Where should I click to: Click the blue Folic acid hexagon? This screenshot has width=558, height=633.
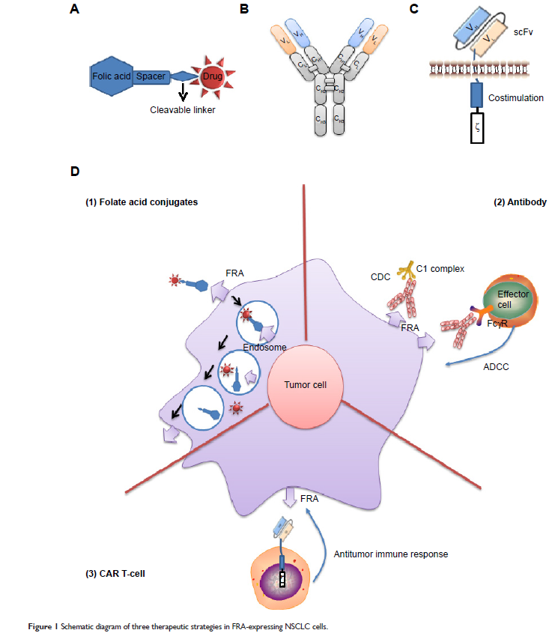(x=112, y=76)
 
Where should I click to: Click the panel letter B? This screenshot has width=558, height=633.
(x=243, y=9)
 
